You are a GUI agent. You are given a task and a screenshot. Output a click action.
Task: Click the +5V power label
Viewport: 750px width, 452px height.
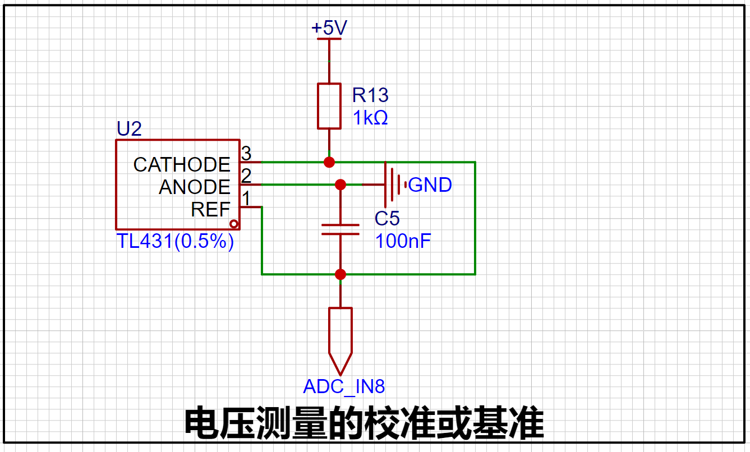pyautogui.click(x=329, y=28)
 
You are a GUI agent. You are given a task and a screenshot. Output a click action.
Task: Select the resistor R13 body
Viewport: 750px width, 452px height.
pyautogui.click(x=329, y=107)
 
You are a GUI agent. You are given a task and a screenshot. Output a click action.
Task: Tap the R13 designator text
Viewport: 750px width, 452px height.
pyautogui.click(x=370, y=95)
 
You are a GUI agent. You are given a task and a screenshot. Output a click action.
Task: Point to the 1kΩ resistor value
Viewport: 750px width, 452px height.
pyautogui.click(x=370, y=118)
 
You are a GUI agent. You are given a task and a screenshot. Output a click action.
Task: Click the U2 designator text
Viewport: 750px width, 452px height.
pyautogui.click(x=129, y=130)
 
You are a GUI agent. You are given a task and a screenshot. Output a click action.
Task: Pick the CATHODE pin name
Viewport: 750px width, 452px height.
pyautogui.click(x=182, y=164)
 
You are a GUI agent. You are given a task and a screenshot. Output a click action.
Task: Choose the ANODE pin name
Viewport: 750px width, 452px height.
pyautogui.click(x=195, y=187)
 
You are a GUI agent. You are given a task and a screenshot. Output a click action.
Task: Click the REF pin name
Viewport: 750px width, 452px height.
pyautogui.click(x=210, y=209)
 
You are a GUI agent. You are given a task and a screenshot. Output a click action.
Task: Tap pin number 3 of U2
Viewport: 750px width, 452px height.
pyautogui.click(x=246, y=153)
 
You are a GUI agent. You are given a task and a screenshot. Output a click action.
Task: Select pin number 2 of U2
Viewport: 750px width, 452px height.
pyautogui.click(x=246, y=176)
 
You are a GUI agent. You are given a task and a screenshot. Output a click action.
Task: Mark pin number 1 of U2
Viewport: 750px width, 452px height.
pyautogui.click(x=246, y=198)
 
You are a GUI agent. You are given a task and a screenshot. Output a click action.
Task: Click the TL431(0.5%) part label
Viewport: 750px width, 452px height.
pyautogui.click(x=175, y=241)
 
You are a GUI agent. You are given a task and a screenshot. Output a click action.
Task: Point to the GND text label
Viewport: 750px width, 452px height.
pyautogui.click(x=430, y=185)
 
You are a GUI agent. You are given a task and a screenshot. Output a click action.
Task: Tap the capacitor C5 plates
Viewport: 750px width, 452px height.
pyautogui.click(x=340, y=229)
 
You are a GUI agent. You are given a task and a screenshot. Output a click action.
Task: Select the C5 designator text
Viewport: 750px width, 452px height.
pyautogui.click(x=387, y=218)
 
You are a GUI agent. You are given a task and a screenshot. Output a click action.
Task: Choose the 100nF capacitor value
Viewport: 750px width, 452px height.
pyautogui.click(x=403, y=241)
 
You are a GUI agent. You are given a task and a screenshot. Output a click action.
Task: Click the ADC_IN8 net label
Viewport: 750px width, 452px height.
pyautogui.click(x=344, y=386)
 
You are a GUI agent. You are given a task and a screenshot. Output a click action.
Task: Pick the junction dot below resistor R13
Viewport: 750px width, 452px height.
pyautogui.click(x=329, y=162)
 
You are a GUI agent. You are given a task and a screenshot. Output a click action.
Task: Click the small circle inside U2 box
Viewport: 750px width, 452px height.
pyautogui.click(x=234, y=224)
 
